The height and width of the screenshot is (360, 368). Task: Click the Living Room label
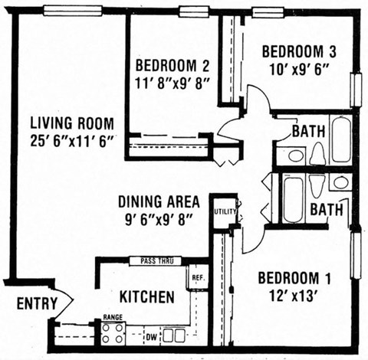[x=72, y=123]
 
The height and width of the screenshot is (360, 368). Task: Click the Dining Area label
[x=159, y=202]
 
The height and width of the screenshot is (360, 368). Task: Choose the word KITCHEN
[x=146, y=296]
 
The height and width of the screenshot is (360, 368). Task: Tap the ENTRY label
[x=37, y=304]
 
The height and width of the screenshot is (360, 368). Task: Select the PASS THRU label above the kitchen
[x=156, y=261]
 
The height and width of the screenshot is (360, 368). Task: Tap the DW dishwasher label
[x=152, y=335]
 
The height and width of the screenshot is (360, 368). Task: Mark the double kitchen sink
[x=174, y=335]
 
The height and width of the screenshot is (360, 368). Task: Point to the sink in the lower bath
[x=340, y=182]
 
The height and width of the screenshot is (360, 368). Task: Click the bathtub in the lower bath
[x=293, y=199]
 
